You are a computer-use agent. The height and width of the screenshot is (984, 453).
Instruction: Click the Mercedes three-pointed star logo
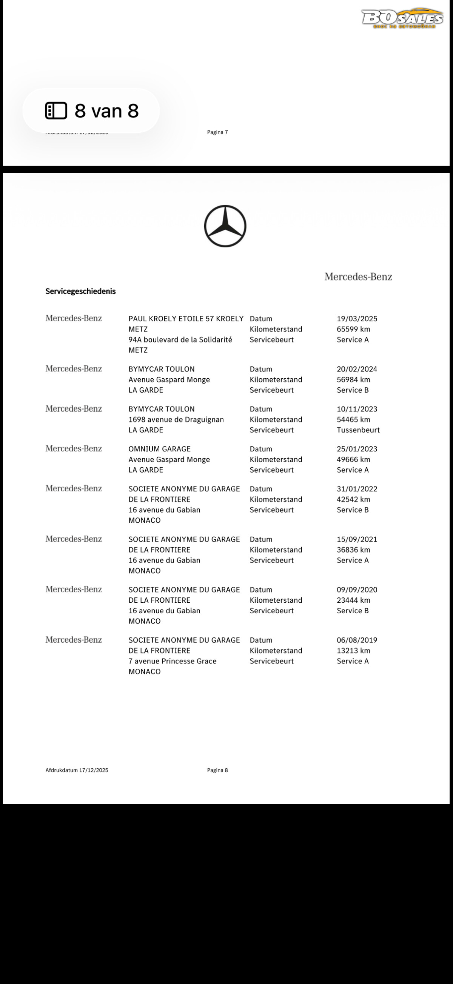pos(225,226)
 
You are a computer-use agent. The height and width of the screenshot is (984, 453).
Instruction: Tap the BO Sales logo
pos(402,18)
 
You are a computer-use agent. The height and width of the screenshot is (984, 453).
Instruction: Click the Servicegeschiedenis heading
pos(80,292)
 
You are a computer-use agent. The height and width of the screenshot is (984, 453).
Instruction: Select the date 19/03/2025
pos(357,319)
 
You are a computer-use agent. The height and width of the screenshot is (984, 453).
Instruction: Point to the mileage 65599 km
pos(353,329)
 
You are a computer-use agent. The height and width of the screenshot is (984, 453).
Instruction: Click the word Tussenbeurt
pos(358,430)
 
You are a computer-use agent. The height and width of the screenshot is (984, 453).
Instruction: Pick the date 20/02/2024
pos(357,369)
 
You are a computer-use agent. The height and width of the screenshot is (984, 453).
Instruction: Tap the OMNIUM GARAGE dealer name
pos(159,449)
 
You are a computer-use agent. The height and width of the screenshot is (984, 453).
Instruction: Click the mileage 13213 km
pos(353,651)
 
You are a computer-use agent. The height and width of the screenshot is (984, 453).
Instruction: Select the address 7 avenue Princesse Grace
pos(173,661)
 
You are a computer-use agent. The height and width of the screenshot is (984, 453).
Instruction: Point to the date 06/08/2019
pos(357,640)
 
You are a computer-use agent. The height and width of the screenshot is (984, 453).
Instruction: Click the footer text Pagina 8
pos(217,770)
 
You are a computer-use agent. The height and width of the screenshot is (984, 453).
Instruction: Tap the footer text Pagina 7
pos(217,132)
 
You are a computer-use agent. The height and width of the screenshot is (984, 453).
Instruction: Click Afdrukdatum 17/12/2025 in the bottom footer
pos(77,770)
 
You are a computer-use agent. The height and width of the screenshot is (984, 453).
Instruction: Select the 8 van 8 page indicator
pos(91,111)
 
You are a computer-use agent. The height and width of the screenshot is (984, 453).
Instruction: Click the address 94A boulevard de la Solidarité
pos(180,339)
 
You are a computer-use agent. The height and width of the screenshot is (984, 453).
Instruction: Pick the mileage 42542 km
pos(353,499)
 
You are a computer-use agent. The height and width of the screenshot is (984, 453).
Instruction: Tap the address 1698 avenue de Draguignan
pos(176,419)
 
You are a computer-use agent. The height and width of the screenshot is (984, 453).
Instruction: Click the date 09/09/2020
pos(357,590)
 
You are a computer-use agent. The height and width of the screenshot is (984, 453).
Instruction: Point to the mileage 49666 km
pos(353,459)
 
